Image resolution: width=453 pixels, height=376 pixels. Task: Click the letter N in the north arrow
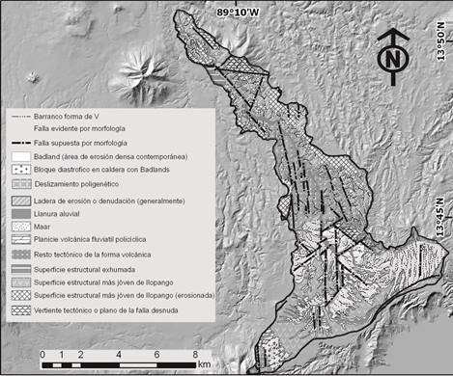(390, 60)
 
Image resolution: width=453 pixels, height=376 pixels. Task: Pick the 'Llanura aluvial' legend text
(63, 213)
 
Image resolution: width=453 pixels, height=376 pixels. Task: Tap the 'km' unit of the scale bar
(205, 366)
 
